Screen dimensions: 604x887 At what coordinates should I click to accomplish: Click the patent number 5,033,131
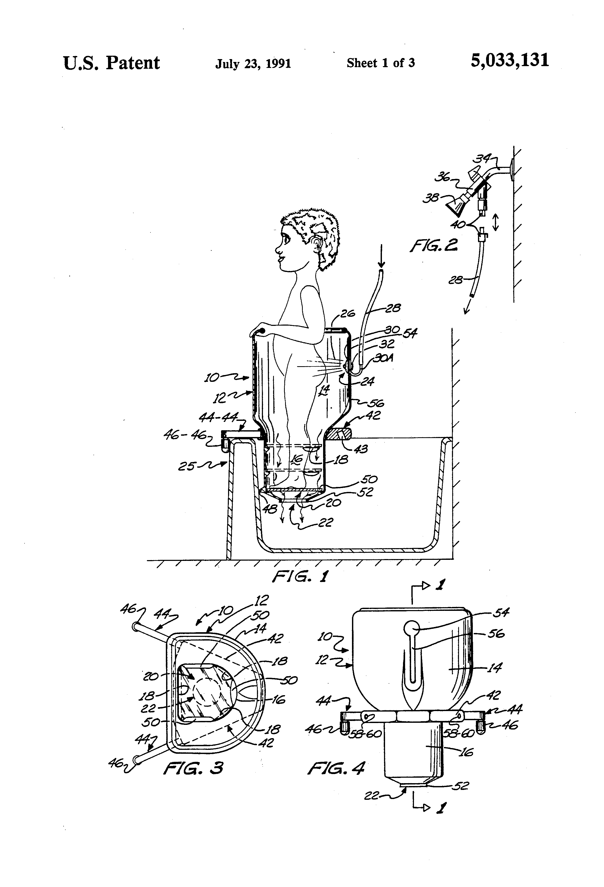[510, 61]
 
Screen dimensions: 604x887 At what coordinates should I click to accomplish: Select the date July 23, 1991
[253, 63]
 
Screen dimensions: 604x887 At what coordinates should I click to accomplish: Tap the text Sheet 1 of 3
[381, 63]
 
